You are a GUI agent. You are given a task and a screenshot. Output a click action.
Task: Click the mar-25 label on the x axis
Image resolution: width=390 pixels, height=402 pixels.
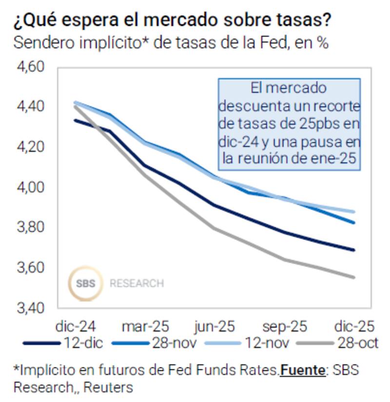[x=145, y=326]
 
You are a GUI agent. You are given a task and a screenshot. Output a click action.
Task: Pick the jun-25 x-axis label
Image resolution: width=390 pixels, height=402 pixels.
[x=214, y=326]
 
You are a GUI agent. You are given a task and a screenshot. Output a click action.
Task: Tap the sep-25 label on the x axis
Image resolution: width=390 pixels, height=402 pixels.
[x=285, y=326]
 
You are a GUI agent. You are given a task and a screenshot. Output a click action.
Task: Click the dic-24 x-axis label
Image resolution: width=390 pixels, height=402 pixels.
[x=76, y=326]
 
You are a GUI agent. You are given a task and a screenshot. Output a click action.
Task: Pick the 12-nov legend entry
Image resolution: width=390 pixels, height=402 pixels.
[x=266, y=343]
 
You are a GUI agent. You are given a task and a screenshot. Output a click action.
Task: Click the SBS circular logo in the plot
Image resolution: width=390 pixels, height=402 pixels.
[x=86, y=283]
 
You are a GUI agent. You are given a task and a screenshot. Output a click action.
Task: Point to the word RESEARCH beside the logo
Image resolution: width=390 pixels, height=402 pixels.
[x=136, y=283]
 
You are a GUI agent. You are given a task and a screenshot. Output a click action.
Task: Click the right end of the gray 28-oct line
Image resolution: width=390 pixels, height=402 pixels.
[x=354, y=277]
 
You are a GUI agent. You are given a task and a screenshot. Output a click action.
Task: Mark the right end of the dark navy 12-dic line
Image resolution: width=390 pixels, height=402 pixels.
[x=354, y=250]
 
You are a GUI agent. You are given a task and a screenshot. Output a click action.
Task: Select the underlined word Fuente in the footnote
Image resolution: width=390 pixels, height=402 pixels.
[x=302, y=370]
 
